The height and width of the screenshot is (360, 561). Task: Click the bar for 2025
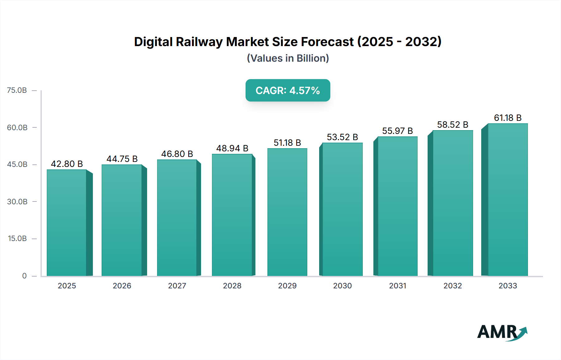point(67,223)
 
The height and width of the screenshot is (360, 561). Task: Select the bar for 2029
point(287,212)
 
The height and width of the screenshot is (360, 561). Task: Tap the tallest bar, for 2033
point(507,200)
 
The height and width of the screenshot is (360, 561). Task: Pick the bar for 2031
point(397,206)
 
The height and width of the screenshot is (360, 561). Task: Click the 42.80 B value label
point(67,164)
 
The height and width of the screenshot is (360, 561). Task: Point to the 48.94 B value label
point(232,148)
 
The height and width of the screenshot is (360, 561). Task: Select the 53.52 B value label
point(342,137)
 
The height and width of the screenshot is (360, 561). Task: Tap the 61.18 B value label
point(507,118)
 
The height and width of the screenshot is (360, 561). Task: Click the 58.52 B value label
point(453,125)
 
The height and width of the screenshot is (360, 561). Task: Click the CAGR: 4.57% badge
point(288,90)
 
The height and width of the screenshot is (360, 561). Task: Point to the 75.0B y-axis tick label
point(17,90)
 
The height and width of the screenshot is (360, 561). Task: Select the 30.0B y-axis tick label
point(17,201)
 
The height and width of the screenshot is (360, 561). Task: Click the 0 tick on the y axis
point(24,276)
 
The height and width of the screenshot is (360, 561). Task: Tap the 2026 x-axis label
point(122,286)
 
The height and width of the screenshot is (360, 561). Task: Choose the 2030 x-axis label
point(342,286)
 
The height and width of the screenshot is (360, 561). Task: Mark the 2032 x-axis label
point(453,286)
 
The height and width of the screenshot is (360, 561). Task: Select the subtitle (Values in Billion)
point(288,58)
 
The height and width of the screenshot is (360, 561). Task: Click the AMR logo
point(502,332)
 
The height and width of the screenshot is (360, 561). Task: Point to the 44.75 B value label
point(122,159)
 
